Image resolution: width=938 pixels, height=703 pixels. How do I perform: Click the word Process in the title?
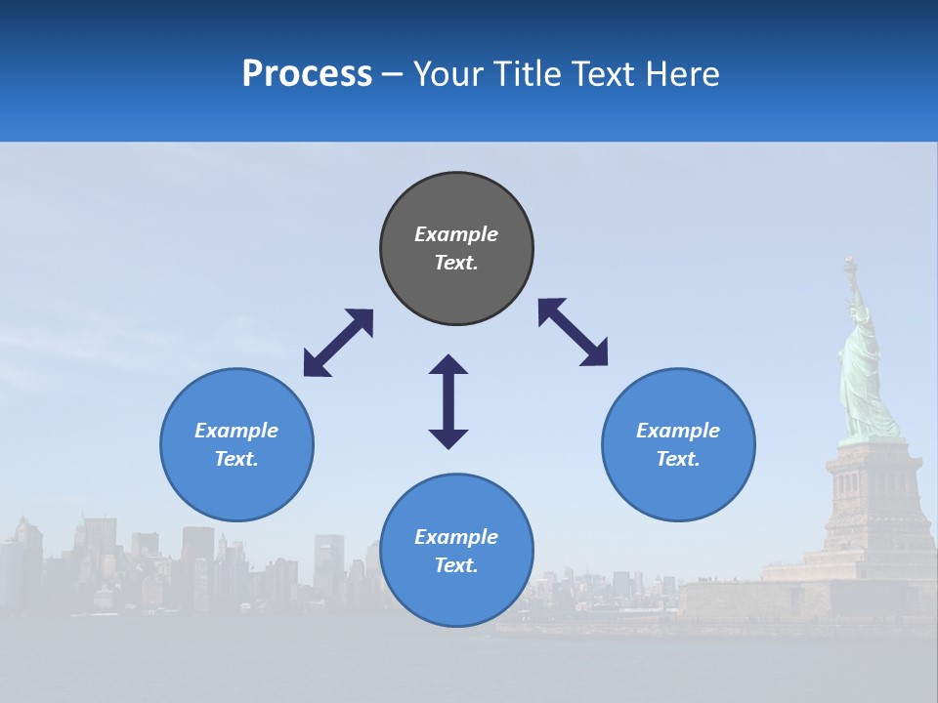tap(307, 74)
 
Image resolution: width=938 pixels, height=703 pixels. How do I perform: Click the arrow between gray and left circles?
tap(338, 343)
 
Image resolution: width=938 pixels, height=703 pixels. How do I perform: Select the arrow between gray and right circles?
tap(573, 332)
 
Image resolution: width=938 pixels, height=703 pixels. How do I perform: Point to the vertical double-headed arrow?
tap(448, 401)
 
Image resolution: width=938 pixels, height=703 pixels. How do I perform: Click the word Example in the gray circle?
tap(456, 234)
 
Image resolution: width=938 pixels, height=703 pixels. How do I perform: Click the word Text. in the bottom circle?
tap(456, 565)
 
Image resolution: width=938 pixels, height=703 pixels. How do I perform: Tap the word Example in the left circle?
tap(236, 431)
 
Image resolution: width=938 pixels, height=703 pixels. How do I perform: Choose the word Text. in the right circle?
tap(678, 459)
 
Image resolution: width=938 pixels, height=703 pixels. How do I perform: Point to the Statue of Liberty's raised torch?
tap(850, 264)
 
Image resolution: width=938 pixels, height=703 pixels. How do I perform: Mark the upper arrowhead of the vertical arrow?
tap(448, 365)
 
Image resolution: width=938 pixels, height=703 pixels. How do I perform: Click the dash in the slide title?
tap(393, 75)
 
